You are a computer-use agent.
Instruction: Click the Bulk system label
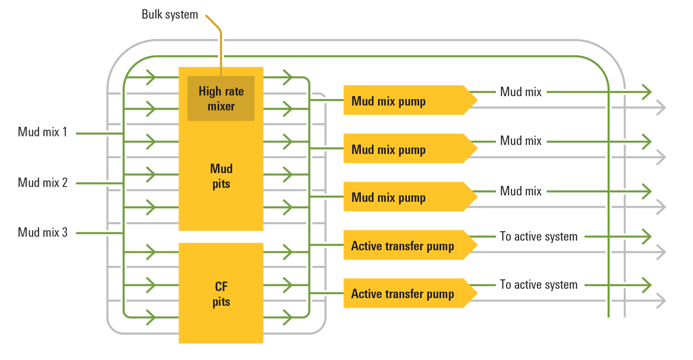170,14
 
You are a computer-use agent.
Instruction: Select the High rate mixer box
221,98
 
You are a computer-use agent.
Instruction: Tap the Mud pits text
221,176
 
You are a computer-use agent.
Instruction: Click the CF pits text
221,294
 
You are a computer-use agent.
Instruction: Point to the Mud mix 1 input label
43,132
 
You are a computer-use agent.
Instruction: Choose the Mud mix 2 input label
43,183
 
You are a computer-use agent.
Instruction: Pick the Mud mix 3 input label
43,232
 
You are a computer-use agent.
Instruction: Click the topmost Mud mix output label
520,92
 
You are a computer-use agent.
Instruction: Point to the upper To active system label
538,237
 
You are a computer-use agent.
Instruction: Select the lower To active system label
538,285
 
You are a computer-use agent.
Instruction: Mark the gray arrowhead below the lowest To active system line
661,301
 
